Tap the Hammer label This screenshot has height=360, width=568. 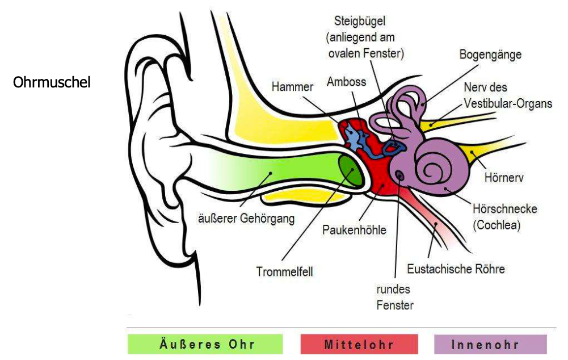pyautogui.click(x=292, y=87)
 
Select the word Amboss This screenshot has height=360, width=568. pyautogui.click(x=347, y=81)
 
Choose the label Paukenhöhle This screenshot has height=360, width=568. pyautogui.click(x=354, y=230)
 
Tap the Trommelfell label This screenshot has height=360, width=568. pyautogui.click(x=284, y=272)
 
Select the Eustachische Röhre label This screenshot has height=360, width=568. pyautogui.click(x=456, y=268)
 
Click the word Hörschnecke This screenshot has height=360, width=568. pyautogui.click(x=504, y=209)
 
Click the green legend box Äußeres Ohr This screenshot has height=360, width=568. pyautogui.click(x=205, y=345)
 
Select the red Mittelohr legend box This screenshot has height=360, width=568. pyautogui.click(x=359, y=345)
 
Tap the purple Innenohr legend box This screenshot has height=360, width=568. pyautogui.click(x=490, y=345)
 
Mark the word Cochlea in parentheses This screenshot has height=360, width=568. pyautogui.click(x=497, y=225)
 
